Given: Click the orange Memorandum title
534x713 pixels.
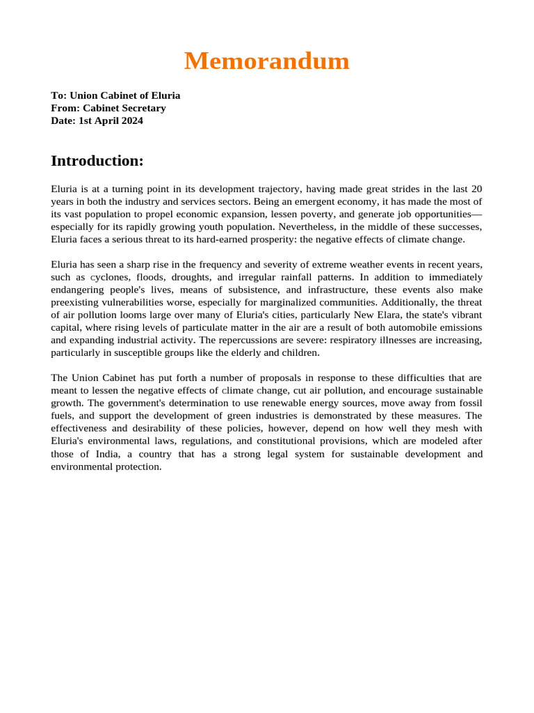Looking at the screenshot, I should coord(266,62).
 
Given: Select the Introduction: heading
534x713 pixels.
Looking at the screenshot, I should coord(97,161).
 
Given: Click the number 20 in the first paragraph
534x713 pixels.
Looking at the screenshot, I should coord(476,189).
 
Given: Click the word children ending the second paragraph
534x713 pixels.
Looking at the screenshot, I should coord(301,352).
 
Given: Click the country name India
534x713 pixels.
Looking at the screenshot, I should coord(90,454).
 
